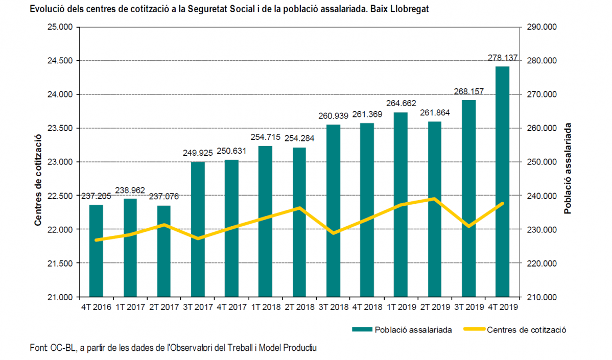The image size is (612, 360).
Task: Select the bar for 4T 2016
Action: pos(96,250)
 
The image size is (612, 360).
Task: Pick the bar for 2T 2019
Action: pos(434,209)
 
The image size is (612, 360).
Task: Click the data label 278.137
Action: pos(502,58)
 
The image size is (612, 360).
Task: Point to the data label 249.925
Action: pos(198,153)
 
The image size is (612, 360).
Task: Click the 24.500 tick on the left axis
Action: pos(60,61)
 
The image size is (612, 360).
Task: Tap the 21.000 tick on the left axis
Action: pos(60,297)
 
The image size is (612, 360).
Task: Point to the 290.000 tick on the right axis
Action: pos(541,27)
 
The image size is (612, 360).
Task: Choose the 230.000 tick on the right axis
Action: pos(541,229)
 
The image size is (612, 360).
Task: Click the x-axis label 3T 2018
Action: pos(333,307)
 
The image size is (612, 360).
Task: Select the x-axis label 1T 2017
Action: pos(130,307)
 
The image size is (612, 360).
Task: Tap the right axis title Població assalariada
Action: pos(567,168)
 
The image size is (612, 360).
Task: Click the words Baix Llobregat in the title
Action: pos(396,9)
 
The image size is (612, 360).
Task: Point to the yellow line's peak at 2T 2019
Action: pos(434,199)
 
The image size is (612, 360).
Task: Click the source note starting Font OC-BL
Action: pos(174,348)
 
